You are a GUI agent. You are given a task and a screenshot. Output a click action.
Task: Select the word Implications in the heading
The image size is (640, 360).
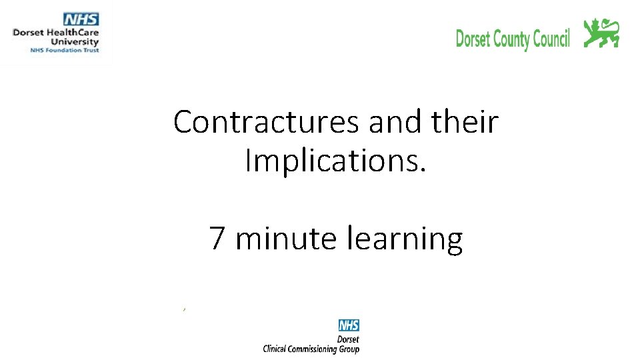(333, 161)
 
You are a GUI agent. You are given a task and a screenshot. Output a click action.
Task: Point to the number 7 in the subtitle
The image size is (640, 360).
(217, 238)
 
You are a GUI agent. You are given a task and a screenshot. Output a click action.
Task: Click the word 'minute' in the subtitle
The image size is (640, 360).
(287, 238)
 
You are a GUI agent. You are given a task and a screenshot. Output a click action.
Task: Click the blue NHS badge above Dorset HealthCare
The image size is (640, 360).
(81, 19)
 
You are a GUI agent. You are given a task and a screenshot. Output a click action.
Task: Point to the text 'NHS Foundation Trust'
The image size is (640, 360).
(64, 50)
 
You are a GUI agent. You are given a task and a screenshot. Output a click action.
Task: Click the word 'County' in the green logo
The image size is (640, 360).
(511, 39)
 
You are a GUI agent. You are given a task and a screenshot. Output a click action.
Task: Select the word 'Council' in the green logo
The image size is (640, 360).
(551, 39)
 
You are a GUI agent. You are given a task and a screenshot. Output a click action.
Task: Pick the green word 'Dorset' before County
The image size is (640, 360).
(473, 39)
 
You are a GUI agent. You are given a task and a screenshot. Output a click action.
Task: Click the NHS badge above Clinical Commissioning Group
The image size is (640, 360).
(349, 325)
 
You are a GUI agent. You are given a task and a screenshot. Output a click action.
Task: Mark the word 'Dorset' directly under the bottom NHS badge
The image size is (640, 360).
(349, 339)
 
